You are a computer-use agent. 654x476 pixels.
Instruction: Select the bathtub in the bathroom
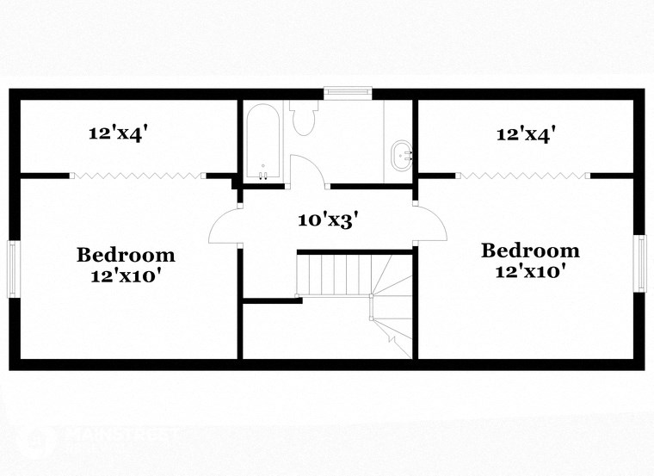pyautogui.click(x=262, y=140)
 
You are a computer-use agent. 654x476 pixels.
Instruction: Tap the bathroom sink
pyautogui.click(x=401, y=156)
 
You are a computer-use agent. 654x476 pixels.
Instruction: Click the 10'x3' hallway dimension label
pyautogui.click(x=328, y=219)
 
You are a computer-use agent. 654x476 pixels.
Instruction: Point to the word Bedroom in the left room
pyautogui.click(x=126, y=255)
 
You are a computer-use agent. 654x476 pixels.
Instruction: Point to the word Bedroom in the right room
pyautogui.click(x=530, y=250)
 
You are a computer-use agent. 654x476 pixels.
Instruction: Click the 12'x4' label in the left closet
pyautogui.click(x=120, y=133)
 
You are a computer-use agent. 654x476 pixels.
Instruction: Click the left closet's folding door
pyautogui.click(x=136, y=176)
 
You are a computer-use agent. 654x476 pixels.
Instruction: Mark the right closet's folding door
pyautogui.click(x=522, y=176)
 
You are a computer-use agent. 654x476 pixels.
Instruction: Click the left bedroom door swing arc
pyautogui.click(x=221, y=226)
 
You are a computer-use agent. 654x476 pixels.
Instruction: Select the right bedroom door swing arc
pyautogui.click(x=433, y=226)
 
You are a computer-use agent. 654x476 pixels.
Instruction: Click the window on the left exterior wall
pyautogui.click(x=13, y=267)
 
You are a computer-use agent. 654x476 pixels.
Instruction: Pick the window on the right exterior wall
pyautogui.click(x=640, y=263)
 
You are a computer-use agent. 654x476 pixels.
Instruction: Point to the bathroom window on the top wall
pyautogui.click(x=348, y=91)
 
